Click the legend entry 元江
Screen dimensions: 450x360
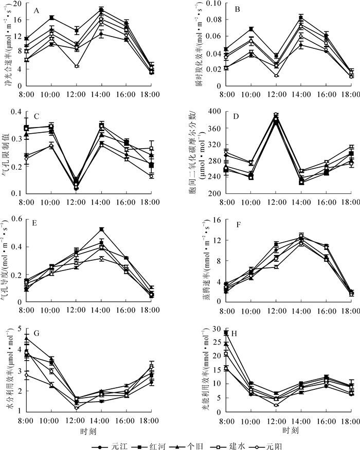pyautogui.click(x=119, y=441)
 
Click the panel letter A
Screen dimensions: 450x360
pyautogui.click(x=37, y=10)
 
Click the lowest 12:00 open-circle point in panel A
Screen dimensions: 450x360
pyautogui.click(x=76, y=66)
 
